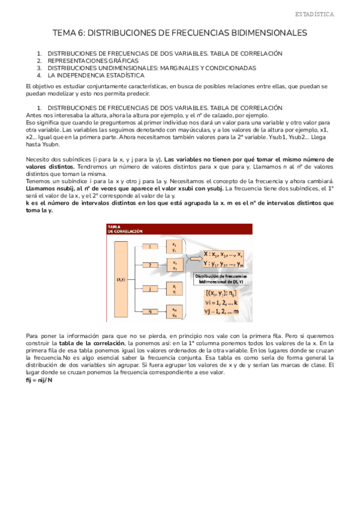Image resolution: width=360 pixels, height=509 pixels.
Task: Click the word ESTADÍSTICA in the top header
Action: click(x=332, y=13)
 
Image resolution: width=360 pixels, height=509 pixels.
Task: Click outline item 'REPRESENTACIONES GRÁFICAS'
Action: click(x=93, y=61)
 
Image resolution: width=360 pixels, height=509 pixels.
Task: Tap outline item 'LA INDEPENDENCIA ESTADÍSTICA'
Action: click(x=96, y=76)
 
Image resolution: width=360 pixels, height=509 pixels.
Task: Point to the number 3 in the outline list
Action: click(x=40, y=68)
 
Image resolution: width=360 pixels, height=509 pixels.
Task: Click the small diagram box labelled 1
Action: click(x=150, y=245)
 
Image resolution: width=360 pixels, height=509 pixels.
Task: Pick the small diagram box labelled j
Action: click(x=150, y=288)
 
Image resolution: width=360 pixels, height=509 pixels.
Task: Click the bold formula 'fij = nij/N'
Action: click(x=40, y=381)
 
